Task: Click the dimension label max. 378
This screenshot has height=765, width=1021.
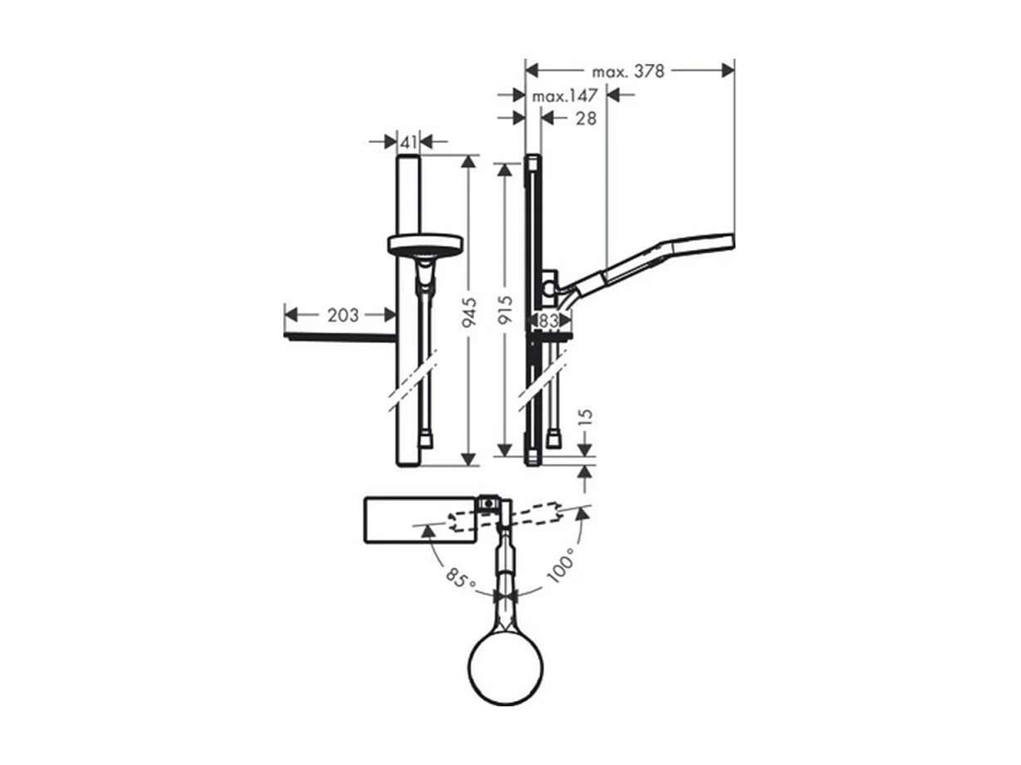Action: pos(627,71)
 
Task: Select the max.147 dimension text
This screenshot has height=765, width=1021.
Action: pos(566,96)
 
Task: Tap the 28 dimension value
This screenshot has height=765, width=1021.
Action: pos(586,119)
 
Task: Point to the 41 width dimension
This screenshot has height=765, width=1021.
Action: pos(408,142)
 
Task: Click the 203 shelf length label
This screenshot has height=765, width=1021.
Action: pos(343,315)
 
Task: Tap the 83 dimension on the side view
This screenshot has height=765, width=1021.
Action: pos(547,318)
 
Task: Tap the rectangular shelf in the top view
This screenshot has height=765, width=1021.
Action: pos(420,520)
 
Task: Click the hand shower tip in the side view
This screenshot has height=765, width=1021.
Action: pos(723,240)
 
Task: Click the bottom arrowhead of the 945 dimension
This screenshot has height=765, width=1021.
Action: pos(470,459)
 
